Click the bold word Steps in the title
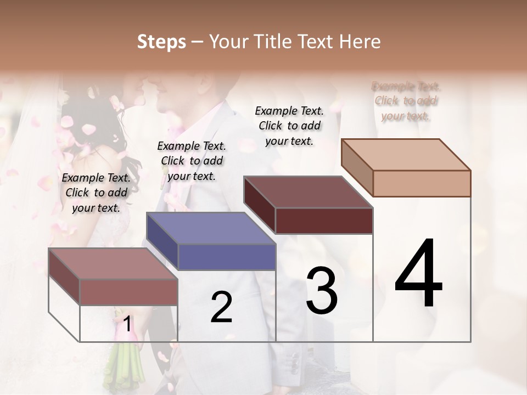(x=161, y=42)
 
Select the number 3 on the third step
(x=322, y=291)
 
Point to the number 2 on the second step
(x=221, y=307)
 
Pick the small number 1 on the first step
(x=127, y=324)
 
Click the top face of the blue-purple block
(x=211, y=228)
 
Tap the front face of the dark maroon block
(x=324, y=221)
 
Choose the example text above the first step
(x=96, y=193)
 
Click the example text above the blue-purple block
(x=192, y=161)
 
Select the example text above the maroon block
(x=289, y=126)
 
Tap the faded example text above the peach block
(x=406, y=101)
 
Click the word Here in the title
(x=360, y=42)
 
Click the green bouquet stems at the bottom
(x=121, y=368)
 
